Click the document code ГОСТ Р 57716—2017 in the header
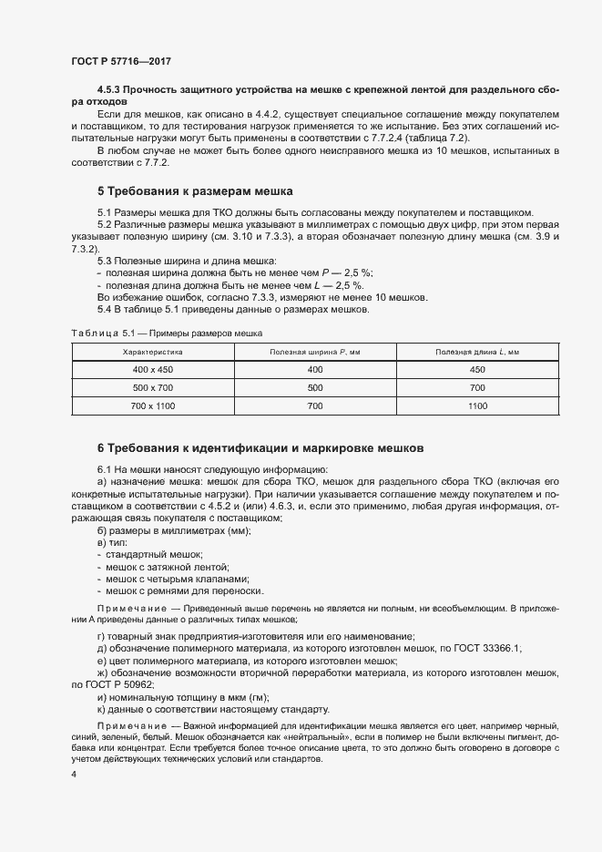tap(120, 60)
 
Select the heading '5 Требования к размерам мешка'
tap(194, 192)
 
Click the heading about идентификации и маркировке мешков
tap(260, 448)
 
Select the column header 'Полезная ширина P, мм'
tap(315, 351)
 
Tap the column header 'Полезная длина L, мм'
tap(477, 351)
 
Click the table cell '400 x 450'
tap(153, 370)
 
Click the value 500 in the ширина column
tap(315, 387)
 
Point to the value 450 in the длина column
tap(477, 370)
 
